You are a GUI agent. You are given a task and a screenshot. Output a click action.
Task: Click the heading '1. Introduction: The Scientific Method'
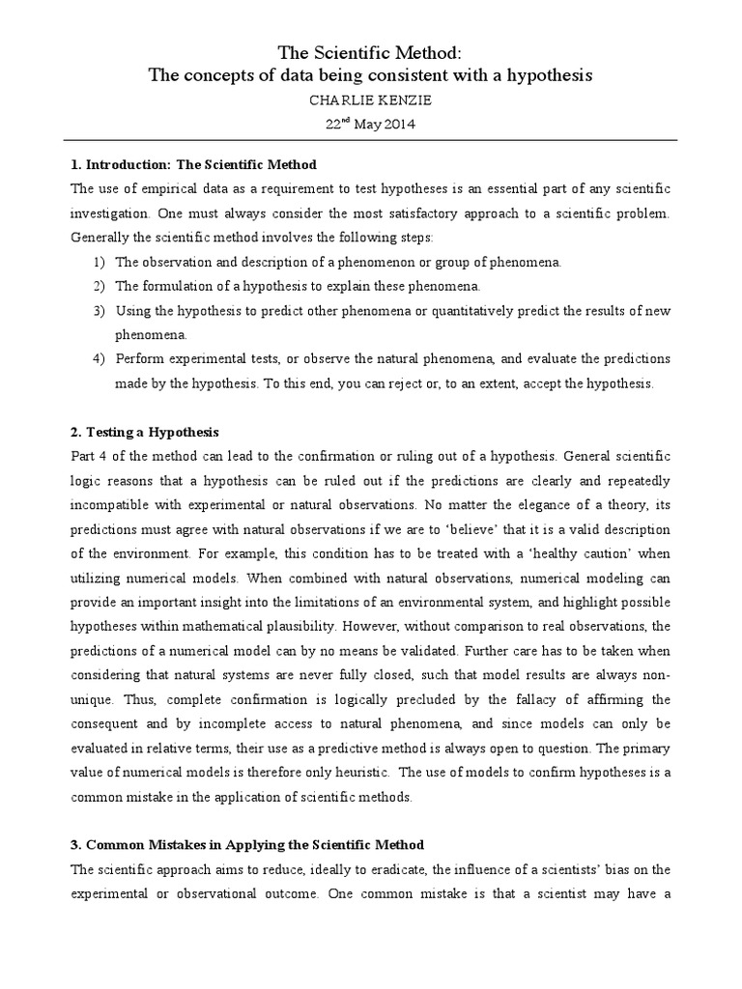tap(193, 165)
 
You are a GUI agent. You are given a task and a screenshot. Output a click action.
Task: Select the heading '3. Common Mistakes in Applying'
tap(247, 845)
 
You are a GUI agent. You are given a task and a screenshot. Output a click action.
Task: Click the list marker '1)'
tap(100, 263)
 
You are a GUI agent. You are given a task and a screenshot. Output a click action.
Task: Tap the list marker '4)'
tap(100, 358)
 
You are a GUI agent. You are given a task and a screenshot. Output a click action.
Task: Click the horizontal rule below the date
tap(370, 140)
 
